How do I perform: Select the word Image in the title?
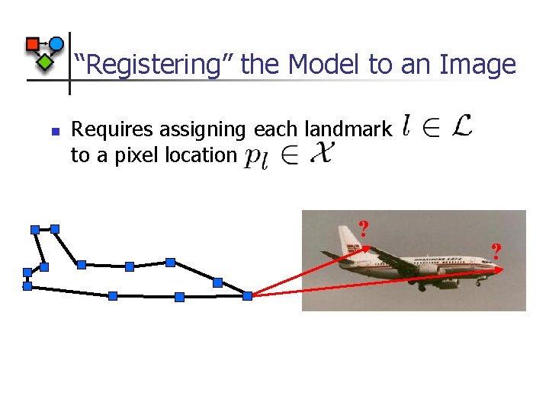(x=477, y=65)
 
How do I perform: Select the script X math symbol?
(x=322, y=155)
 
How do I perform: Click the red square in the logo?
(x=32, y=43)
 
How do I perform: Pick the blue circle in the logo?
(x=56, y=44)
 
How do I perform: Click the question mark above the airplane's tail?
(x=364, y=228)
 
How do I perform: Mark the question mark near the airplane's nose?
(x=496, y=250)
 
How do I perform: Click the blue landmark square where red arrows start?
(x=247, y=295)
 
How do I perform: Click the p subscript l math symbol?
(x=255, y=157)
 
